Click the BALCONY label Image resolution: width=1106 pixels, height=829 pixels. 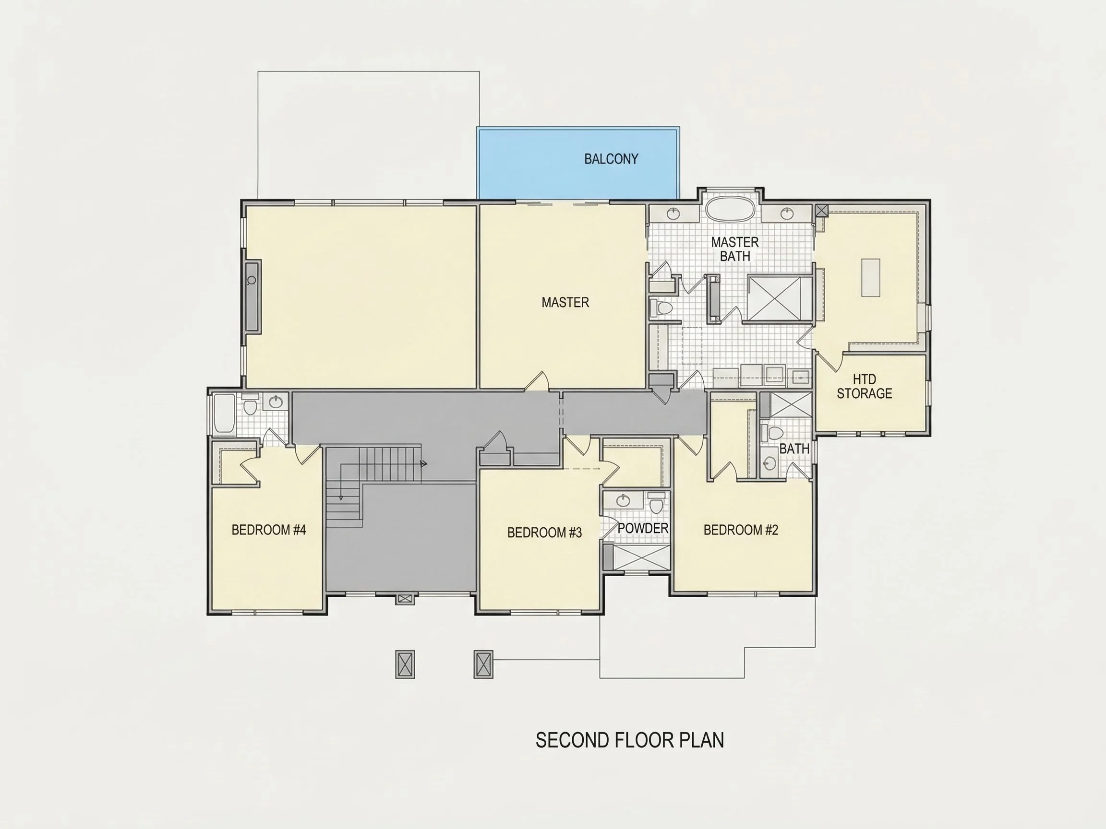[611, 159]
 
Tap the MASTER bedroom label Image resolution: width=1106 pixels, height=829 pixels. [565, 302]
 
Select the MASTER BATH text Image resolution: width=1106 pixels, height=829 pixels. [735, 249]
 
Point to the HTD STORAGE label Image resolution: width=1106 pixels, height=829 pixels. [865, 386]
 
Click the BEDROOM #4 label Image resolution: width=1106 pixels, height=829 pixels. [268, 530]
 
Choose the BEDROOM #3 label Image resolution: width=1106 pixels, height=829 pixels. [544, 533]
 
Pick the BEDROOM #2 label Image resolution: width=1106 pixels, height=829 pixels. [741, 530]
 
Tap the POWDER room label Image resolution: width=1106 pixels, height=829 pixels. [643, 528]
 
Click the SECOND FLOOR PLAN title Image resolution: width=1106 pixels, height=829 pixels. [630, 740]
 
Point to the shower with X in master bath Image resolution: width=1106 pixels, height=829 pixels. [780, 299]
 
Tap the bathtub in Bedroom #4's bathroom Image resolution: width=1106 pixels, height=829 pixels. [224, 414]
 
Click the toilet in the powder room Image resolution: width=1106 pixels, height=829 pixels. [657, 505]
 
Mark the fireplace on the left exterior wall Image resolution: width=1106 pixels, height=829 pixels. [252, 296]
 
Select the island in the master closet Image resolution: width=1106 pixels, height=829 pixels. [870, 278]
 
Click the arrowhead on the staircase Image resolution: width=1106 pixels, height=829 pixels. [424, 464]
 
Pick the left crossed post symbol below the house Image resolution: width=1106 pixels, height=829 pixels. [405, 664]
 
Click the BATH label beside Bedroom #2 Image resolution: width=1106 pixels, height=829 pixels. [794, 449]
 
